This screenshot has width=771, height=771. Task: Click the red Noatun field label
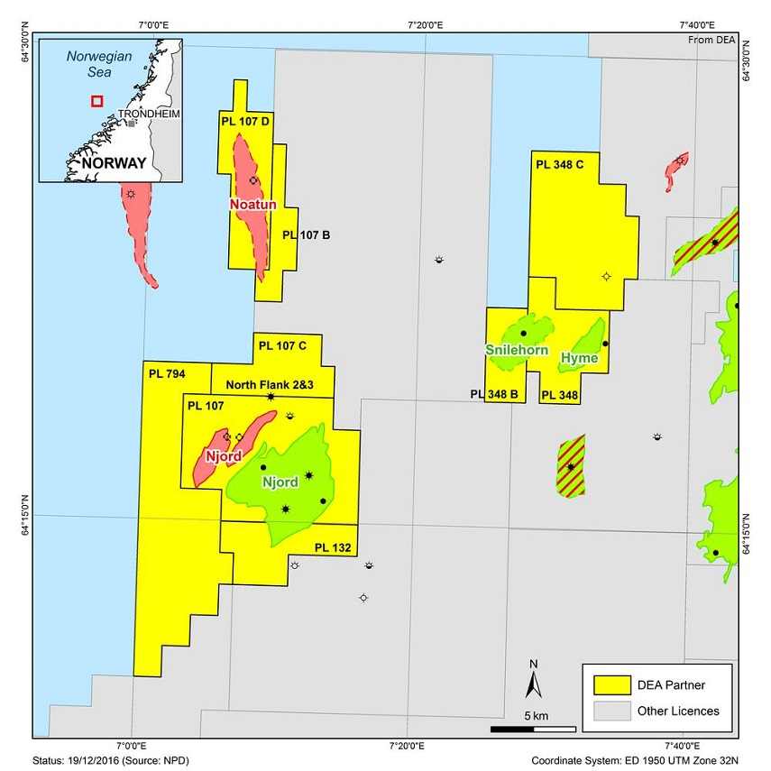point(252,205)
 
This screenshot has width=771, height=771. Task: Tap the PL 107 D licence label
point(244,119)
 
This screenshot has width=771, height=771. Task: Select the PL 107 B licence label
point(306,234)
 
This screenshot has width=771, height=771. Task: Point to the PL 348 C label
point(560,165)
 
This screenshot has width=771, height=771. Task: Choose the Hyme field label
point(579,358)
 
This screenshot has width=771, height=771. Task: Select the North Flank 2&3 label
point(269,385)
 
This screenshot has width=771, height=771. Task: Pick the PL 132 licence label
point(333,547)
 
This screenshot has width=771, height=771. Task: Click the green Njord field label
point(280,482)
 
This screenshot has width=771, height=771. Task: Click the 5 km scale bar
point(533,728)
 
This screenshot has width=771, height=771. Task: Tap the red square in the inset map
point(96,101)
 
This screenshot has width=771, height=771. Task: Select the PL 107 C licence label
point(282,344)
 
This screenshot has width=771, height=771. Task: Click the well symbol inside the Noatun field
point(253,180)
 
